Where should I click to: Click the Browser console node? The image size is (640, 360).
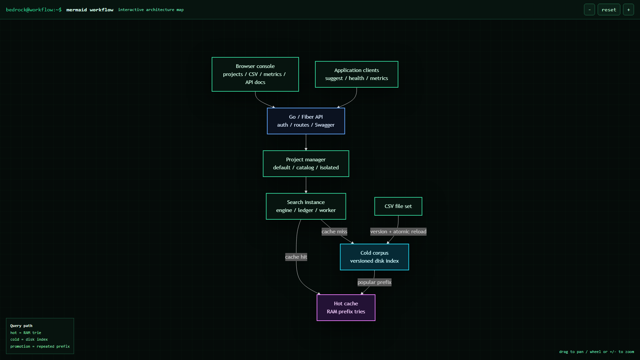tap(255, 74)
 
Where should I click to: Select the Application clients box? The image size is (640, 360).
tap(357, 74)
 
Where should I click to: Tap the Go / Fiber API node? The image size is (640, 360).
tap(306, 121)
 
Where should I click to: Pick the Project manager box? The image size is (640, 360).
tap(306, 164)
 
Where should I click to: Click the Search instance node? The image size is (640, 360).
tap(306, 206)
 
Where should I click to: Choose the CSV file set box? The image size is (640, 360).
tap(398, 206)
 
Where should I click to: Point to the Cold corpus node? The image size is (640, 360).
tap(374, 257)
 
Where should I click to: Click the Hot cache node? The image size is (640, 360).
tap(346, 308)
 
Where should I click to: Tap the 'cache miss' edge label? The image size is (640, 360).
tap(334, 232)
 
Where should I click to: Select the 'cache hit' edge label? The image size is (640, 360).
tap(296, 257)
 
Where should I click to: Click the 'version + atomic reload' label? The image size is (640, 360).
tap(398, 232)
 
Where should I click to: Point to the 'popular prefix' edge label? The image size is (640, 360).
tap(374, 282)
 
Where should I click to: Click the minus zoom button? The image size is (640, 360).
tap(589, 10)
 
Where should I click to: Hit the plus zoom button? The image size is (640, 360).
tap(628, 10)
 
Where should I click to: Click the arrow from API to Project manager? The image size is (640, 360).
tap(306, 142)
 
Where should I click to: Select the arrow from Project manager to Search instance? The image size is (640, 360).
tap(306, 185)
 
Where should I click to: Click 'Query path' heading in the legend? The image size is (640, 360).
tap(21, 326)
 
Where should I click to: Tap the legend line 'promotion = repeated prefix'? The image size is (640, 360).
tap(40, 346)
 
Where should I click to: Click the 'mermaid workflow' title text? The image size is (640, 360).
tap(90, 10)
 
